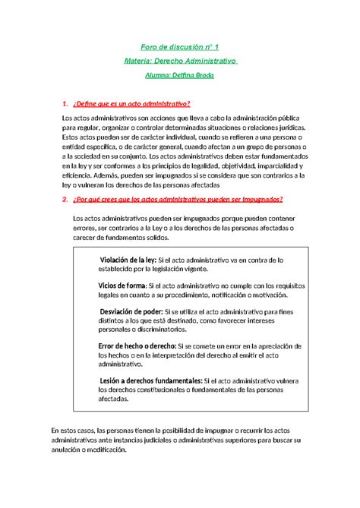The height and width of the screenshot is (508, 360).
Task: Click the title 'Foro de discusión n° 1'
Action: click(x=180, y=47)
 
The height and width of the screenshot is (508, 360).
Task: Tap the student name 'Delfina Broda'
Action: click(x=194, y=75)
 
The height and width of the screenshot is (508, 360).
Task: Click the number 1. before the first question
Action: click(x=65, y=103)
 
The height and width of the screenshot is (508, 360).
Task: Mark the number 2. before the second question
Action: click(x=65, y=200)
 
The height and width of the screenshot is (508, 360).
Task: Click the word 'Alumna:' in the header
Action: click(x=158, y=75)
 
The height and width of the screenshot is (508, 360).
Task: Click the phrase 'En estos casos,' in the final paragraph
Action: click(x=78, y=431)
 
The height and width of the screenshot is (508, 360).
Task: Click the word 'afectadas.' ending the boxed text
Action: click(x=114, y=398)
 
